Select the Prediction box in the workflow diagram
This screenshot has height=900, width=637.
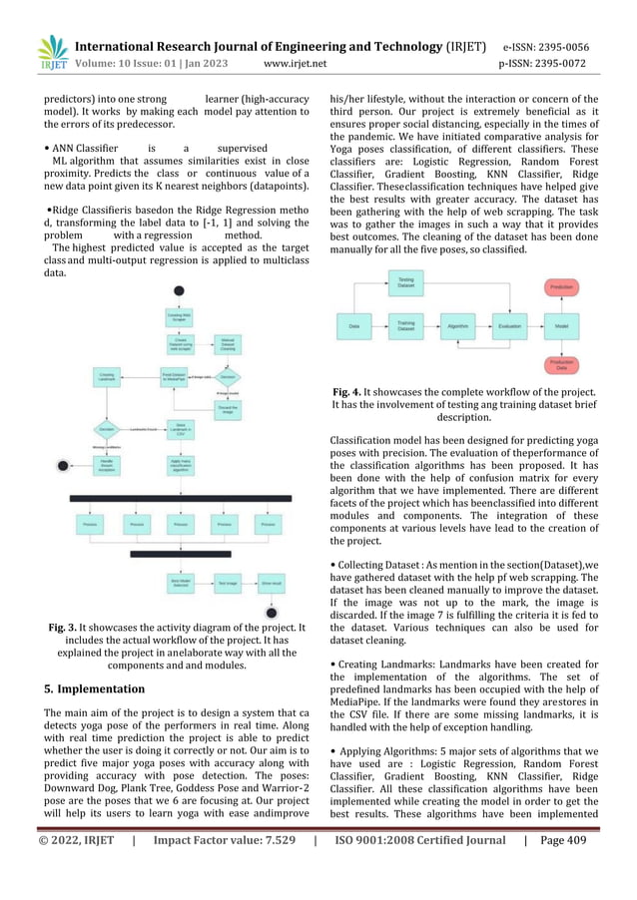coord(561,286)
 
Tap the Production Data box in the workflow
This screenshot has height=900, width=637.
coord(561,365)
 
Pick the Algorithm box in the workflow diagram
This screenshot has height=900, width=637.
coord(458,326)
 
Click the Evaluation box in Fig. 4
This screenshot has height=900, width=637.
coord(509,326)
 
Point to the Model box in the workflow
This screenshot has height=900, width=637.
coord(561,326)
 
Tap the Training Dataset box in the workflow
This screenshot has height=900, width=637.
coord(406,326)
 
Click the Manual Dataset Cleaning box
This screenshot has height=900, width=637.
coord(228,345)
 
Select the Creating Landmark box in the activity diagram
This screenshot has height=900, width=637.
coord(107,376)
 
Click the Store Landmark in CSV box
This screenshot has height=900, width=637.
coord(180,429)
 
